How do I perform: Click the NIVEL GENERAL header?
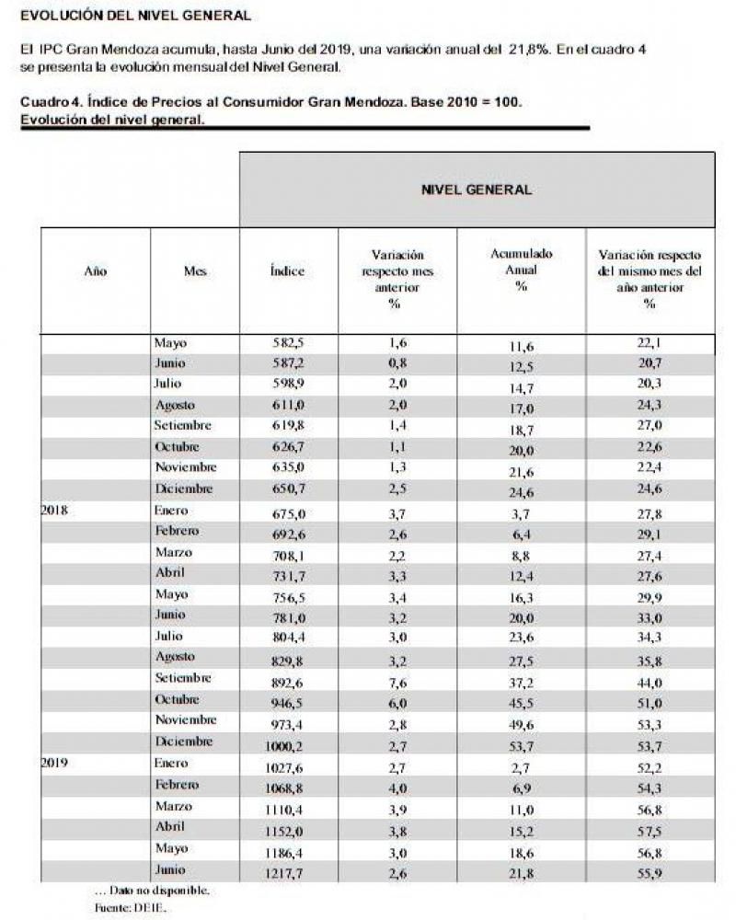click(476, 190)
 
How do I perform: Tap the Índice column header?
click(287, 271)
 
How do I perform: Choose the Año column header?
click(96, 271)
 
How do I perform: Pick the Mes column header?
click(195, 271)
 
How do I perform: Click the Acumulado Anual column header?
click(521, 270)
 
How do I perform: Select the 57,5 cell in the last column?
click(650, 829)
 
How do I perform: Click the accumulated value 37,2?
click(521, 680)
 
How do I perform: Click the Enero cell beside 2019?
click(171, 763)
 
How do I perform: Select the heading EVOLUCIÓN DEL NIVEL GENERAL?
click(134, 16)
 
